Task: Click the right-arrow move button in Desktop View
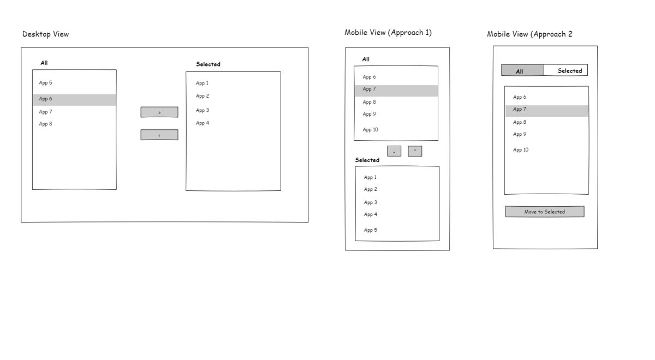159,112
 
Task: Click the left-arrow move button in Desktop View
159,135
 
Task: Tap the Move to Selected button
545,212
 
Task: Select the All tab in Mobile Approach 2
522,70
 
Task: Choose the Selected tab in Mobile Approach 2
566,70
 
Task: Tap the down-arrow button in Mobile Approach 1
394,152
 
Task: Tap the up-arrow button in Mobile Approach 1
415,152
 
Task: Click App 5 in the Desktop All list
46,83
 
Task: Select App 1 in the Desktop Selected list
202,83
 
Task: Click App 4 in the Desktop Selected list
203,123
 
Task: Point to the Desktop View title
46,34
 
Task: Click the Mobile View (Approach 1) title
388,32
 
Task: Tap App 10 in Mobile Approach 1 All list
370,129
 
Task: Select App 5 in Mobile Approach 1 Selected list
371,230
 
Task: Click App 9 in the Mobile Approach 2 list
520,134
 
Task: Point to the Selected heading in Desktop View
208,64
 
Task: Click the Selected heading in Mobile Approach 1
367,160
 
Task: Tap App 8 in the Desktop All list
46,124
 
